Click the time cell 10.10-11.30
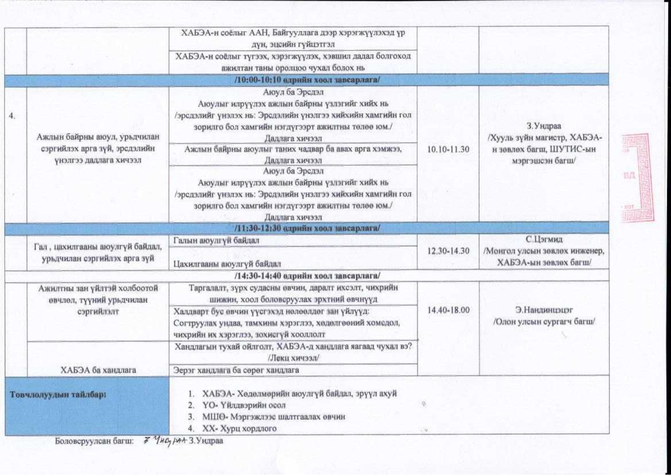pyautogui.click(x=448, y=150)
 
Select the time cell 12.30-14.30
pyautogui.click(x=448, y=251)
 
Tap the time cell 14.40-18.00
pyautogui.click(x=448, y=310)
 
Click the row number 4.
pyautogui.click(x=12, y=116)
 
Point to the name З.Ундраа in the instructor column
pyautogui.click(x=544, y=126)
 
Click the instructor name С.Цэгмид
pyautogui.click(x=544, y=239)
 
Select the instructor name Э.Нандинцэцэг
pyautogui.click(x=544, y=310)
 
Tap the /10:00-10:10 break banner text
pyautogui.click(x=307, y=80)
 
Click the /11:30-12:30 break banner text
pyautogui.click(x=307, y=228)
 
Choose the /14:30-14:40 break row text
pyautogui.click(x=307, y=275)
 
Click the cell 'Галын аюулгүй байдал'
pyautogui.click(x=216, y=241)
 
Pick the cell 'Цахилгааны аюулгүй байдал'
pyautogui.click(x=227, y=264)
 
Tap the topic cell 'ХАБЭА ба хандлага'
pyautogui.click(x=98, y=370)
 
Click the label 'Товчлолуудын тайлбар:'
pyautogui.click(x=58, y=395)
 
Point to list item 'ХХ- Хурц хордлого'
pyautogui.click(x=239, y=428)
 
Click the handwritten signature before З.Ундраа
pyautogui.click(x=165, y=441)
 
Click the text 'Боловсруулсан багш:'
pyautogui.click(x=94, y=441)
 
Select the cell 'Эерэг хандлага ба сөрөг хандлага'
pyautogui.click(x=236, y=370)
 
